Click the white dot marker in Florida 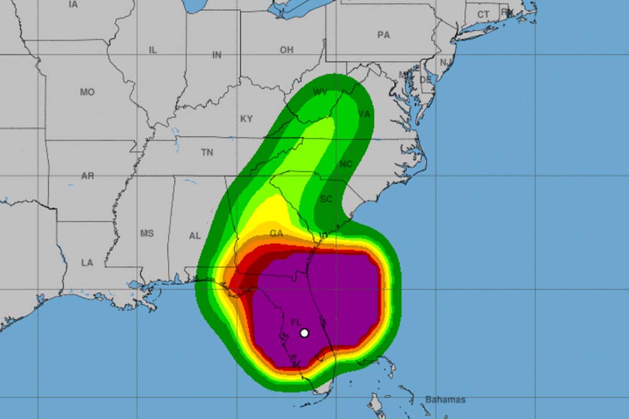click(304, 333)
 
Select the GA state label click(276, 233)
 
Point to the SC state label click(326, 199)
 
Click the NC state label click(345, 164)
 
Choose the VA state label click(364, 114)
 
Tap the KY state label click(247, 119)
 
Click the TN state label click(207, 152)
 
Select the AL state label click(195, 236)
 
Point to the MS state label click(147, 233)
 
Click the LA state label click(87, 263)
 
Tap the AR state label click(87, 176)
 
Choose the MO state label click(87, 92)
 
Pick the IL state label click(152, 50)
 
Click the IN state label click(216, 55)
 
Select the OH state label click(286, 50)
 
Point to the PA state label click(384, 35)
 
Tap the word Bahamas click(446, 400)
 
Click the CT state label click(483, 14)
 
